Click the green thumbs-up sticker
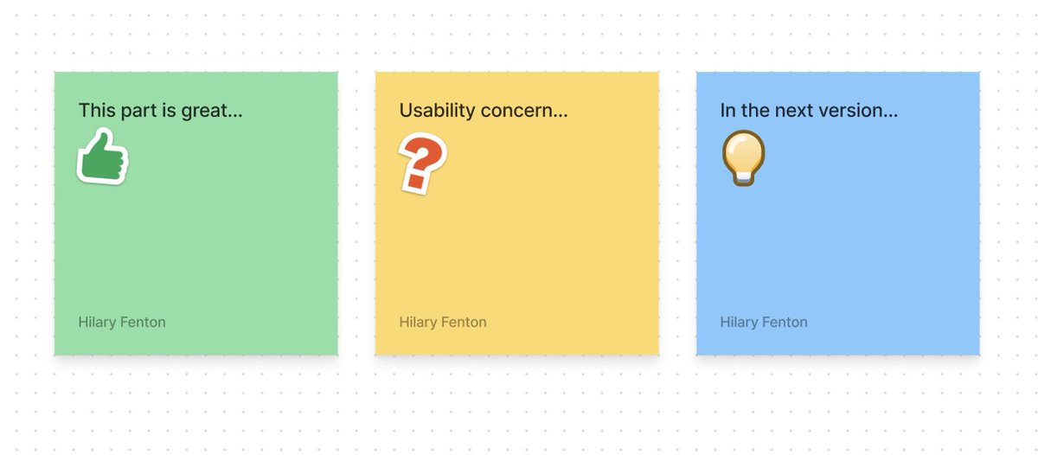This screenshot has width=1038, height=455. pos(103,157)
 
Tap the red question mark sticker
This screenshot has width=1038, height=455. pos(421,161)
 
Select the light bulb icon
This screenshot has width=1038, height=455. pos(743,157)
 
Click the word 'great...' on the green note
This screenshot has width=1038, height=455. pos(212,111)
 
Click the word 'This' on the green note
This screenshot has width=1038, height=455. pos(96,111)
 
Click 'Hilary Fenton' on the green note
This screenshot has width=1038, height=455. pos(122,322)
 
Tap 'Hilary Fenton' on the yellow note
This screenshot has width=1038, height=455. pos(443,322)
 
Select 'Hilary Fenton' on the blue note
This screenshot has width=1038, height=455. pos(764,322)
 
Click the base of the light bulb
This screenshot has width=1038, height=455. pos(743,177)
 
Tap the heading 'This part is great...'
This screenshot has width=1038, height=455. pos(160,111)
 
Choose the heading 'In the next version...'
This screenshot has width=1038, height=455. pos(809,111)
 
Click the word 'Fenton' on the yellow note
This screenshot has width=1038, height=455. pos(465,322)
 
